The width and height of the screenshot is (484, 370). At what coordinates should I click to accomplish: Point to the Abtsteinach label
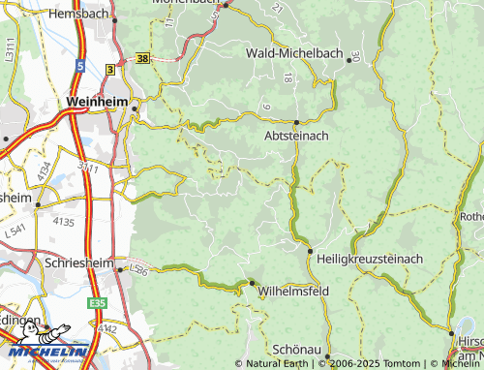(x=296, y=137)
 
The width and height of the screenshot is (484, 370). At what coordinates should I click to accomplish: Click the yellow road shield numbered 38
(x=143, y=59)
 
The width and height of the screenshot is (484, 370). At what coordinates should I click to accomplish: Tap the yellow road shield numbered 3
(x=110, y=70)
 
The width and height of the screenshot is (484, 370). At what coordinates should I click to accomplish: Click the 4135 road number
(x=63, y=223)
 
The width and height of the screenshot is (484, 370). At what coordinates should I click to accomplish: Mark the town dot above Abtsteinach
(x=295, y=121)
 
